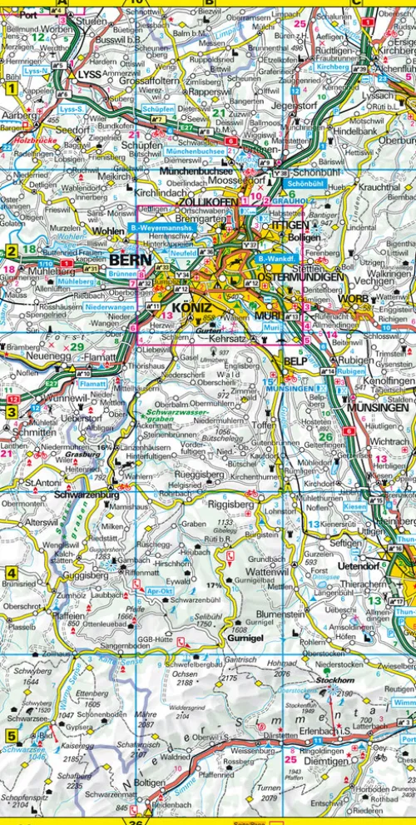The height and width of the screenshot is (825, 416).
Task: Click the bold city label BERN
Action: (129, 261)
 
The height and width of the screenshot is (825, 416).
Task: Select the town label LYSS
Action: (88, 74)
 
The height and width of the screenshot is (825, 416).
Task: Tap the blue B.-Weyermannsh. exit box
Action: (162, 227)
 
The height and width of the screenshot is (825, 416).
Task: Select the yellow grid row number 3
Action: (12, 411)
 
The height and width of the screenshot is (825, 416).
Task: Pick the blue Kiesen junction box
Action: (354, 505)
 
